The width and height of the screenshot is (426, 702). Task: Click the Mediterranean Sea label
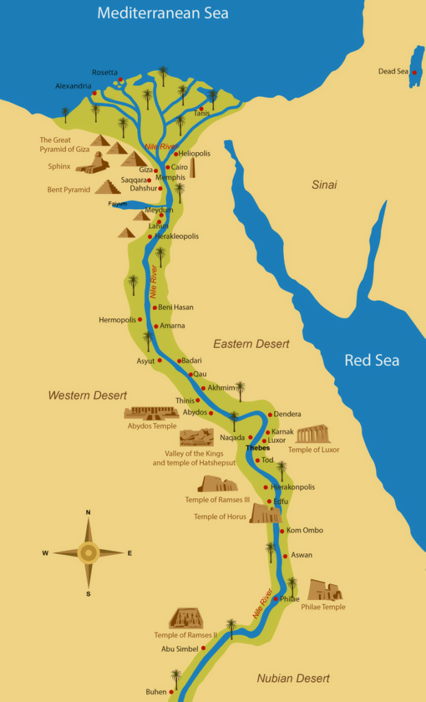pos(163,13)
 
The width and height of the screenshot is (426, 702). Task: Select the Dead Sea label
pos(393,71)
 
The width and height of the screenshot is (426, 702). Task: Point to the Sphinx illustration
pos(93,163)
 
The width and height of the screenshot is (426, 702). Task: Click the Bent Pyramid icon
pos(108,186)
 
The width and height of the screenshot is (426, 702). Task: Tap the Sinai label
pos(324,184)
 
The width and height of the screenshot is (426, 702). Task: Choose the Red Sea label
pos(371,360)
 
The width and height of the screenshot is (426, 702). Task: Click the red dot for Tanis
pos(202,108)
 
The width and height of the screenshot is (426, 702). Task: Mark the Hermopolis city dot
pos(140,319)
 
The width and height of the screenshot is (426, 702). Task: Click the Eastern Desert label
pos(251,343)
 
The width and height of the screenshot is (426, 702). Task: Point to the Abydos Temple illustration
pos(152,413)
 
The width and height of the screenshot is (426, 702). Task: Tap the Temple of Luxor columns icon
pos(313,434)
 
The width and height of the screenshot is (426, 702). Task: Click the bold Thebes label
pos(257,448)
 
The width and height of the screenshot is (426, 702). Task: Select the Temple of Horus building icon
pos(264,513)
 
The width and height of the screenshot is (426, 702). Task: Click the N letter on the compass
pos(88,512)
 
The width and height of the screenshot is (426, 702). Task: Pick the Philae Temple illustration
pos(324,590)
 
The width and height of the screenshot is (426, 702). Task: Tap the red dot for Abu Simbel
pos(203,648)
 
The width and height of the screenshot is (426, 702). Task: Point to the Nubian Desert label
pos(293,679)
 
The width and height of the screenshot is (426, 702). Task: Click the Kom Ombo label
pos(305,530)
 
